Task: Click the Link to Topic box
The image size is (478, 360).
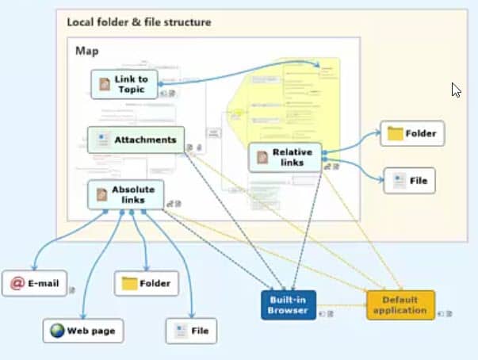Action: coord(124,83)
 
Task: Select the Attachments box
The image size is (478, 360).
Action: coord(136,140)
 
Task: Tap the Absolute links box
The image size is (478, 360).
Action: coord(126,194)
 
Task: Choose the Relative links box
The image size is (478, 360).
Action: coord(285,157)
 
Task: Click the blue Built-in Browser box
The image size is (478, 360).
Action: coord(289,305)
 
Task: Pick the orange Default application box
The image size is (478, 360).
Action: coord(400,305)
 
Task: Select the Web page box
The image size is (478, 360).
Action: coord(83,330)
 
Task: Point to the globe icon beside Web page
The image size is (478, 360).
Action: coord(58,330)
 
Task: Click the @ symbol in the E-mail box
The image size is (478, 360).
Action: coord(17,282)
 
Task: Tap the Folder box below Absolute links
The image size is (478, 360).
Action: coord(146,282)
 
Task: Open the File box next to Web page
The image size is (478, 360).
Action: coord(190,330)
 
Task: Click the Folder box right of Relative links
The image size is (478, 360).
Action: coord(411,133)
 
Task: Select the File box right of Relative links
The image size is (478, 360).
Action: coord(409,181)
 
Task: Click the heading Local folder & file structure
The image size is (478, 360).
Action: coord(139,22)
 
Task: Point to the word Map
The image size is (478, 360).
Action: coord(86,51)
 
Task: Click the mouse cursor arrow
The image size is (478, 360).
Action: coord(456,89)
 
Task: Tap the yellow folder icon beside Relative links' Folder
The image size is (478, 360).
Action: coord(395,133)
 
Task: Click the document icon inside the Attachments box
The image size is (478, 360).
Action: coord(103,140)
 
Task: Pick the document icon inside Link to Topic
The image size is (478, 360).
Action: coord(105,83)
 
